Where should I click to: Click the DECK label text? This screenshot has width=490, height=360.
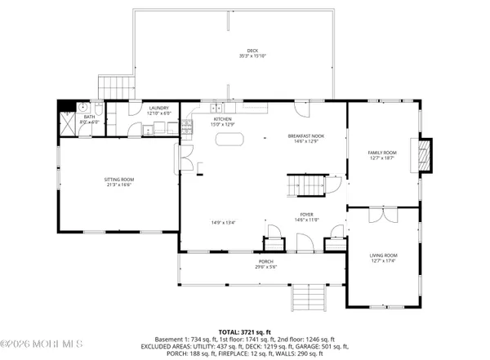[x=242, y=51]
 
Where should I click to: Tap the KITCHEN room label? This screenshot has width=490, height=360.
[x=222, y=119]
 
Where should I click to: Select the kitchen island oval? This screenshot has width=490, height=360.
[x=229, y=139]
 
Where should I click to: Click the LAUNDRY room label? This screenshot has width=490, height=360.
[x=158, y=108]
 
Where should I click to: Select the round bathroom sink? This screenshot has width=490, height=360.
[x=83, y=107]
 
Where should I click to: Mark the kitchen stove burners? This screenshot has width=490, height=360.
[x=186, y=126]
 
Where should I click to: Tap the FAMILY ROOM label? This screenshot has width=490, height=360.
[x=381, y=153]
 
